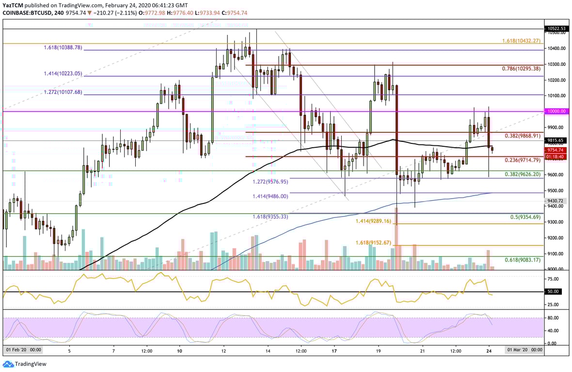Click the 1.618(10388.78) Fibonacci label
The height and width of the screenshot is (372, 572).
click(x=62, y=47)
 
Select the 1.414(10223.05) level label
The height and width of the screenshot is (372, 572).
click(x=62, y=74)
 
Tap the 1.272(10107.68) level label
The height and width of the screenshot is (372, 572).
click(x=62, y=92)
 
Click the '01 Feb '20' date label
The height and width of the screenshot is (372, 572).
click(x=23, y=350)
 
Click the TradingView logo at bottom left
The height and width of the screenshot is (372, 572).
click(x=25, y=364)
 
